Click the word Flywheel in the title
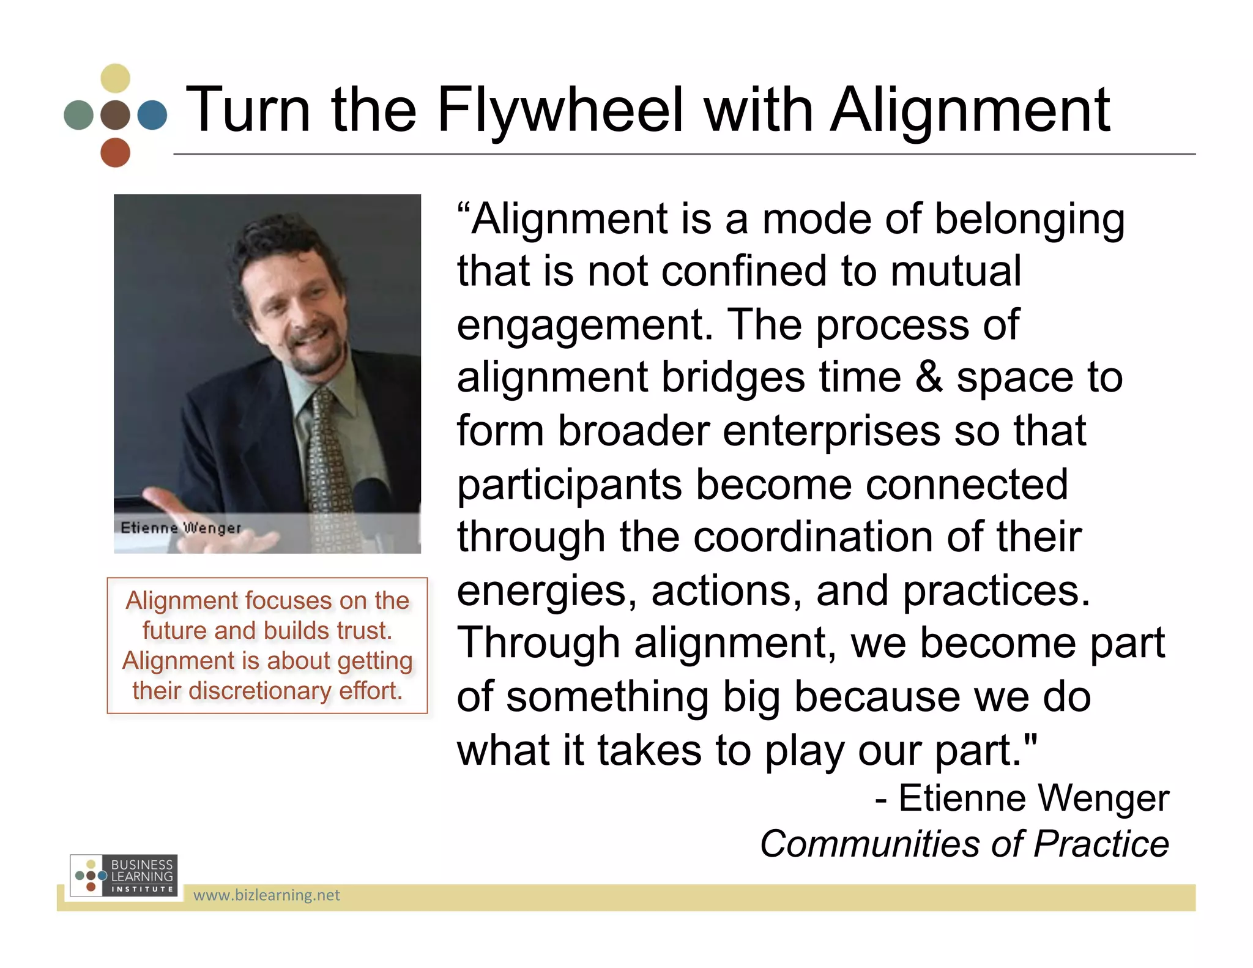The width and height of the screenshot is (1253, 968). [559, 110]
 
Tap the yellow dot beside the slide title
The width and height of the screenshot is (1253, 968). [115, 78]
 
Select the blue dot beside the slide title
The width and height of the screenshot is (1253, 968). [152, 115]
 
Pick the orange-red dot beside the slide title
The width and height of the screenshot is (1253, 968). [115, 152]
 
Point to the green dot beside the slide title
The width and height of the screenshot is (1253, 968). [78, 115]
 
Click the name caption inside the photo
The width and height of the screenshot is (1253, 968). [181, 527]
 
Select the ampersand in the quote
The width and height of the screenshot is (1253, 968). [928, 377]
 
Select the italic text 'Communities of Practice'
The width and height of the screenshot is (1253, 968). [964, 844]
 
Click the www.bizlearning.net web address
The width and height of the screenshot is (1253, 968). [266, 895]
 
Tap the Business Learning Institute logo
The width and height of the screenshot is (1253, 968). [124, 876]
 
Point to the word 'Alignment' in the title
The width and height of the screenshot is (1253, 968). [969, 110]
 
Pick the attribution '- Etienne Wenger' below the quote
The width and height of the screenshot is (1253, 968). [1022, 798]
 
